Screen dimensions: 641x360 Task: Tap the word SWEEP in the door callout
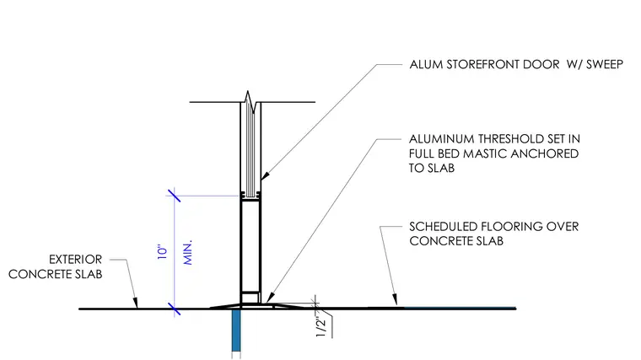(605, 65)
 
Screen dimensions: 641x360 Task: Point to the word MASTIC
(485, 153)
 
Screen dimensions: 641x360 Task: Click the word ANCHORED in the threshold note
(545, 153)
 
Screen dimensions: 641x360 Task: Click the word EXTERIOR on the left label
(76, 260)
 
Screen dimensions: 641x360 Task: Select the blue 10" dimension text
(163, 252)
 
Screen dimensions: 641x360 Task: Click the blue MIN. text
(187, 253)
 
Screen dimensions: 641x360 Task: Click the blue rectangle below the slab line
(236, 330)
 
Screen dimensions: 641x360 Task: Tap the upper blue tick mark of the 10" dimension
(174, 196)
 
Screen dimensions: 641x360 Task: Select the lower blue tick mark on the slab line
(174, 309)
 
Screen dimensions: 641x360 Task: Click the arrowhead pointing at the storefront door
(265, 176)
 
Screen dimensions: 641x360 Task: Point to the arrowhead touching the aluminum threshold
(269, 298)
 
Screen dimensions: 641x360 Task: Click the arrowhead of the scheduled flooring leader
(395, 299)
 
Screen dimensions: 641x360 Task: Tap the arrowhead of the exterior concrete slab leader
(136, 303)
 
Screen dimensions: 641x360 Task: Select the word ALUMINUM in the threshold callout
(441, 139)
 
